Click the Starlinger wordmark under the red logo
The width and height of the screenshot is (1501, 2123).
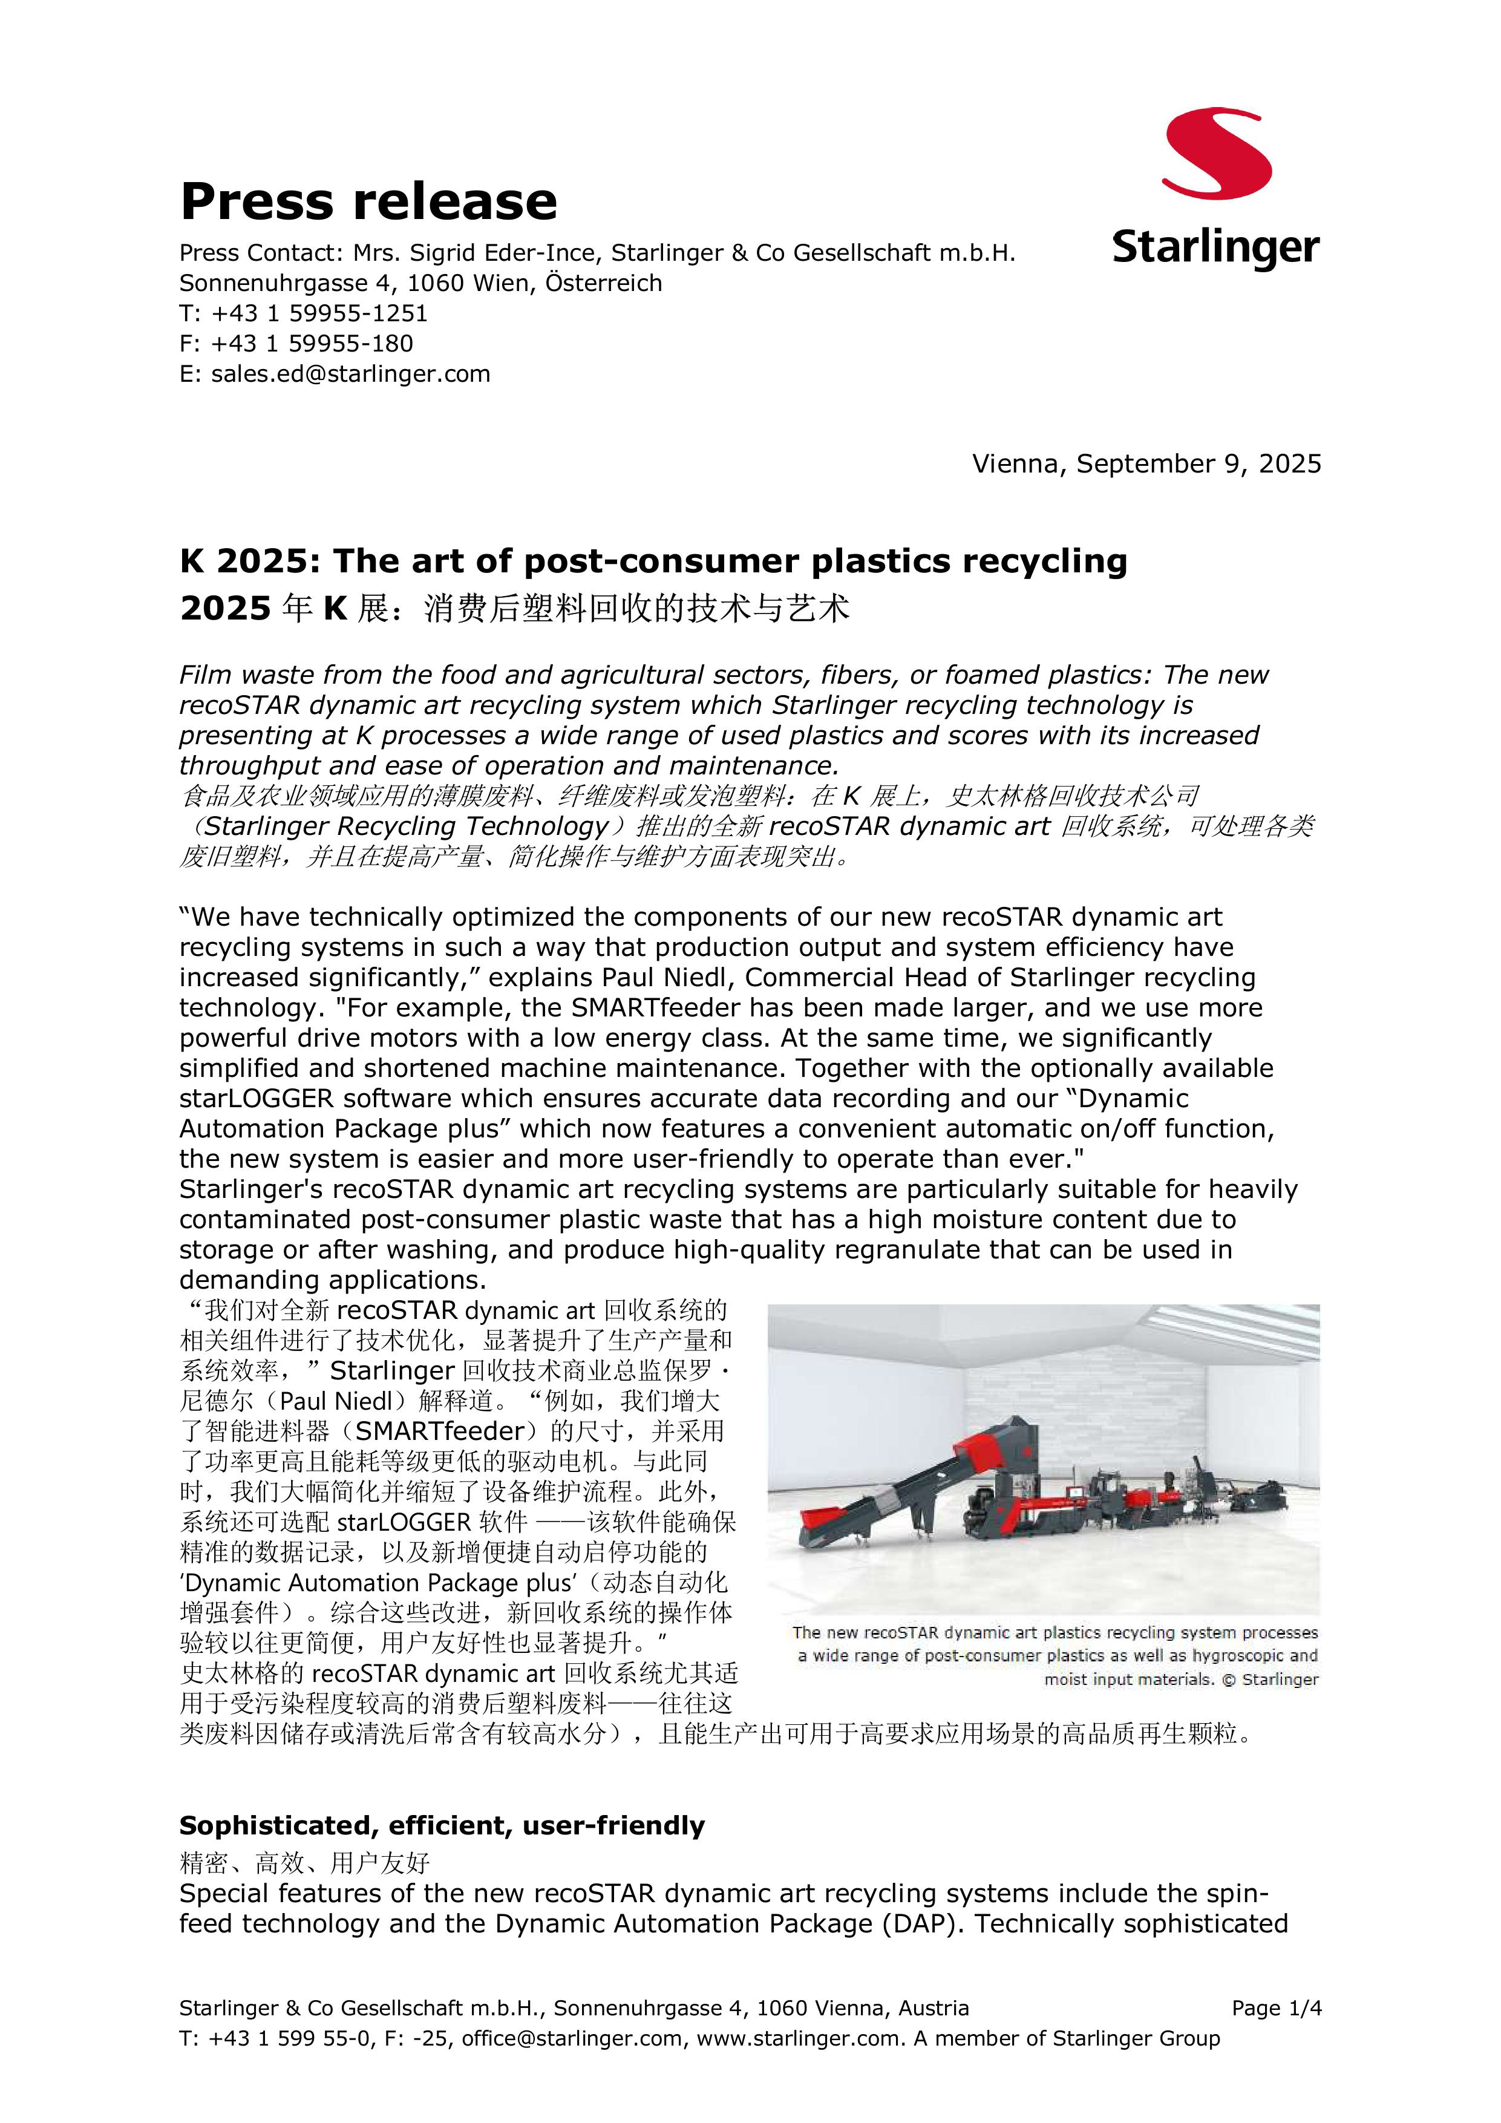pos(1215,248)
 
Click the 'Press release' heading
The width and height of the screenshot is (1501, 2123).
pos(368,201)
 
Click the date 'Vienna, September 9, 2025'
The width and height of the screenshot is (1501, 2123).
pos(1146,463)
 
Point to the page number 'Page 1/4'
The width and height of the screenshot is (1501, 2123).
pos(1277,2007)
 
